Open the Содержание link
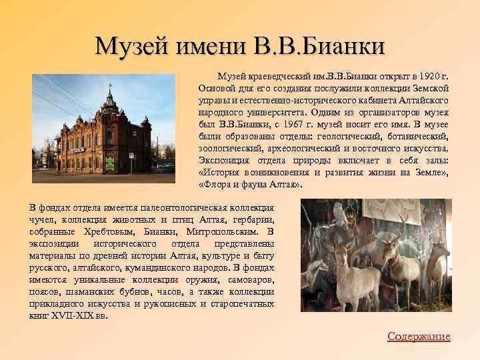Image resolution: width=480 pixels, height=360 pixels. coord(419,337)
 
